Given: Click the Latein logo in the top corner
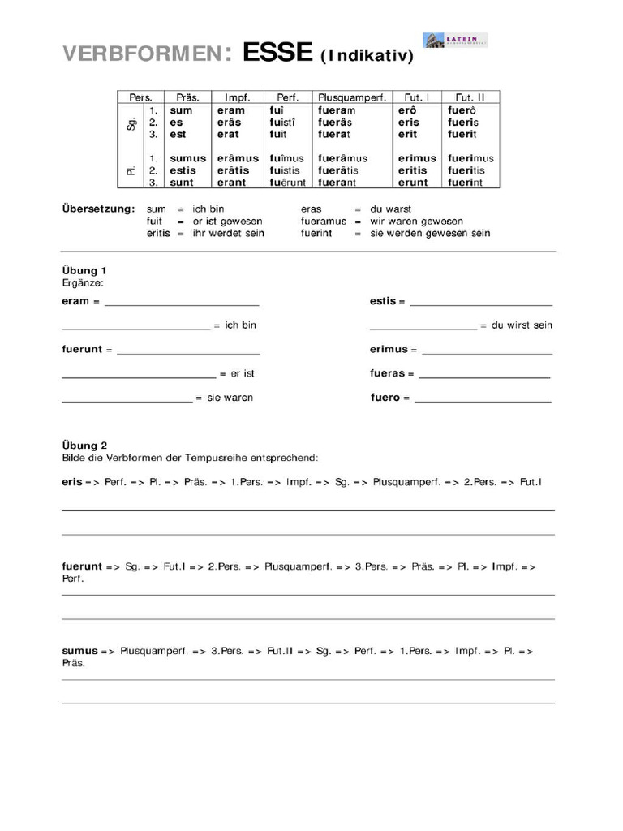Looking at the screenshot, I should click(455, 41).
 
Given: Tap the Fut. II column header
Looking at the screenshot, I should click(470, 97).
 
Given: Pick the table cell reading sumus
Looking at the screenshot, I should click(188, 158).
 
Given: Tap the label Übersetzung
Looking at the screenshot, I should click(98, 209).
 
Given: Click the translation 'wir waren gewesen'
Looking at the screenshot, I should click(416, 221).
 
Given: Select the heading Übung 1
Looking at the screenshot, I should click(84, 270).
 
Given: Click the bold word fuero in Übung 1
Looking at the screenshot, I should click(385, 398).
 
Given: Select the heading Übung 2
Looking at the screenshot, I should click(84, 445).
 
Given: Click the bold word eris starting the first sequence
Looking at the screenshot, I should click(72, 482).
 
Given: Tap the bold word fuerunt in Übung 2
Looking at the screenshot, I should click(82, 566).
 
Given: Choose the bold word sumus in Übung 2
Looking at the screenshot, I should click(79, 651).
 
